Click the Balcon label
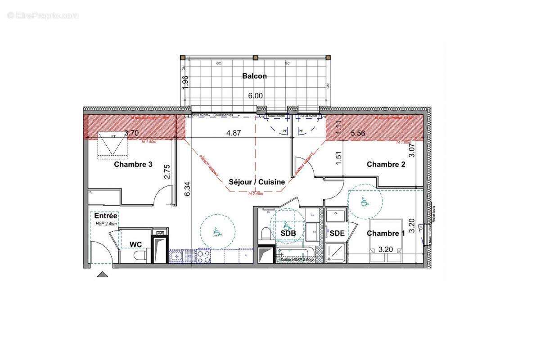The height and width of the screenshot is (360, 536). [x=254, y=76]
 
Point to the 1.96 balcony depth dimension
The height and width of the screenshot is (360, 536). [x=185, y=82]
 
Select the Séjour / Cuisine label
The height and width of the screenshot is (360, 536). [x=257, y=182]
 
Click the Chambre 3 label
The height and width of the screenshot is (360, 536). [x=133, y=164]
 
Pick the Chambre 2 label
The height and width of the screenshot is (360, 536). [x=386, y=164]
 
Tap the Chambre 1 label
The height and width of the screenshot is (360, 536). [x=386, y=233]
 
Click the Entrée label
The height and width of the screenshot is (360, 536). [x=106, y=216]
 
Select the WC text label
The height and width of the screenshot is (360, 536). [x=136, y=244]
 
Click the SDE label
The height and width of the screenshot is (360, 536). [x=337, y=233]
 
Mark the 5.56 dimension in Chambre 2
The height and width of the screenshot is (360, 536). [x=358, y=133]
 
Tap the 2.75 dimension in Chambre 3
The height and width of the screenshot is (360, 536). [x=167, y=172]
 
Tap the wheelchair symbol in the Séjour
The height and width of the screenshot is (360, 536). [x=217, y=232]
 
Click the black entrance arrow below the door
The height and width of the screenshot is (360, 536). [x=103, y=274]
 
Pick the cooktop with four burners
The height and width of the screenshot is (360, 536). [x=203, y=256]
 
